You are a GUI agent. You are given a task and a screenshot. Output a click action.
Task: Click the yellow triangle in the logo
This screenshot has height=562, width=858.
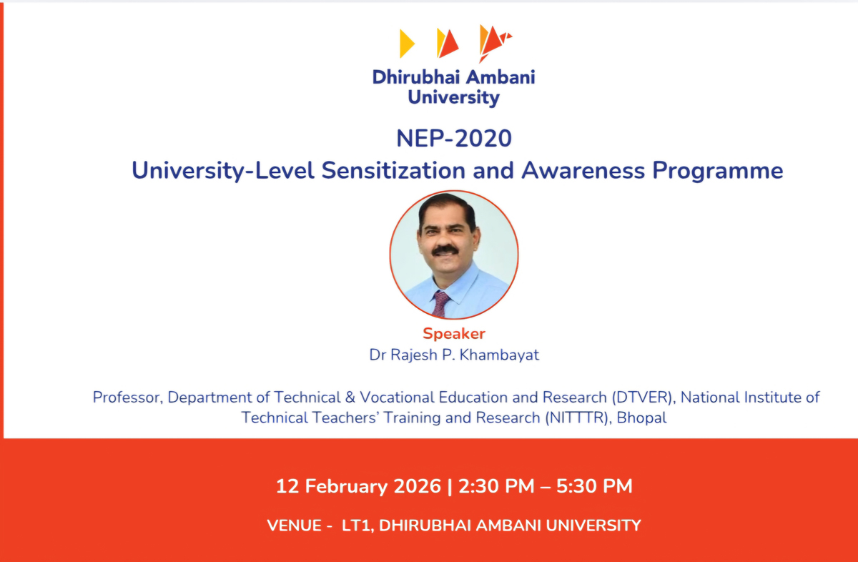pos(406,44)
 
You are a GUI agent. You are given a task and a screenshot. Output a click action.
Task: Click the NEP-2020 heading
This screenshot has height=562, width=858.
pos(454,137)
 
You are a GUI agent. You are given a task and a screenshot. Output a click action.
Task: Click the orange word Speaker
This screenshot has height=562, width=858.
pos(454,333)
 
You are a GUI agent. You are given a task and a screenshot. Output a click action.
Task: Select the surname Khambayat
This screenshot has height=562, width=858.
pos(500,355)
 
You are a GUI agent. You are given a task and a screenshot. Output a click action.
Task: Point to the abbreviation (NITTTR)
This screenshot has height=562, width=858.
pos(576,418)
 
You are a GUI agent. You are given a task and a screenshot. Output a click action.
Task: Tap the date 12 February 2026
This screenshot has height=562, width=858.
pos(358,487)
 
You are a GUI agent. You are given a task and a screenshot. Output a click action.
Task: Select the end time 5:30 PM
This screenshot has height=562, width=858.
pos(595,487)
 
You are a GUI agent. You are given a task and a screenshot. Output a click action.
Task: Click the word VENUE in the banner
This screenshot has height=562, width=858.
pos(293,526)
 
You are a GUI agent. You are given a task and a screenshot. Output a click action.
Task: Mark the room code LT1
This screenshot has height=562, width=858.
pos(356,526)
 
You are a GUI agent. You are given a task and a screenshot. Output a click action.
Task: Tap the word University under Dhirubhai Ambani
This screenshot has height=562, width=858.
pos(454,97)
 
